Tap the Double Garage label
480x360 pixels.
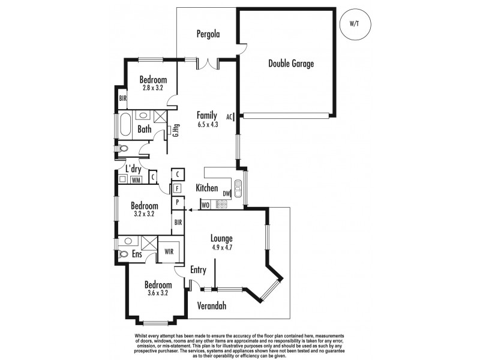click(290, 64)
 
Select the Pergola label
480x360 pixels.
click(208, 34)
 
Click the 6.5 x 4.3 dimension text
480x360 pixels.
click(206, 125)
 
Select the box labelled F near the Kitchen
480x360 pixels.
click(178, 188)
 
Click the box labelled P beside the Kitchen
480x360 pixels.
click(178, 202)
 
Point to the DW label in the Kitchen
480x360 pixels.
click(226, 193)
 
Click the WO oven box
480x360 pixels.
click(205, 205)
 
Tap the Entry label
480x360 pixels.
click(198, 270)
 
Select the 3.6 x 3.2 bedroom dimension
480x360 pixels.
click(158, 293)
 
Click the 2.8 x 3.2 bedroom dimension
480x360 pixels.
click(153, 88)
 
